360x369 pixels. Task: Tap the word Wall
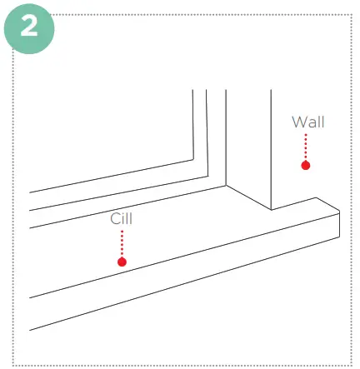coord(307,122)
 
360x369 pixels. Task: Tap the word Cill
coord(122,219)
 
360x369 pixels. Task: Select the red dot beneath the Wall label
coord(306,166)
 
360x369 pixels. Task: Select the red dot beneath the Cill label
coord(122,262)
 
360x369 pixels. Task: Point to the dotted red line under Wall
coord(306,147)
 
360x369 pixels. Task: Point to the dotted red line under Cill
coord(122,243)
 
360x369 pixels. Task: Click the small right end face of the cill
coord(329,222)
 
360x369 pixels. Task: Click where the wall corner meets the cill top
coord(270,208)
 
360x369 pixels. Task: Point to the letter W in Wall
coord(297,122)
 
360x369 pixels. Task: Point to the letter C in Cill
coord(115,219)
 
